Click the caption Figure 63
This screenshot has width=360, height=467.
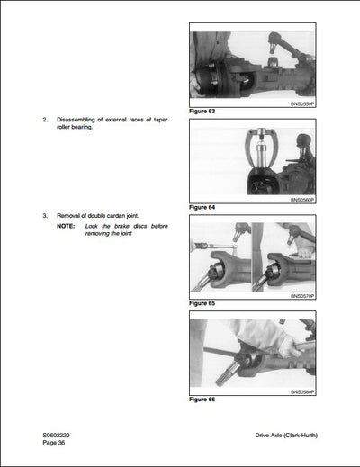(x=204, y=111)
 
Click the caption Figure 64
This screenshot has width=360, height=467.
(x=204, y=207)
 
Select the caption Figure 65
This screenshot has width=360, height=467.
(x=204, y=303)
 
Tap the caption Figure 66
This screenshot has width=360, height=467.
(x=204, y=399)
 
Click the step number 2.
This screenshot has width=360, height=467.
(x=45, y=119)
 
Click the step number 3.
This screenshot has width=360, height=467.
(x=45, y=216)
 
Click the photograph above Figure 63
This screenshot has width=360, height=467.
(x=253, y=67)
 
